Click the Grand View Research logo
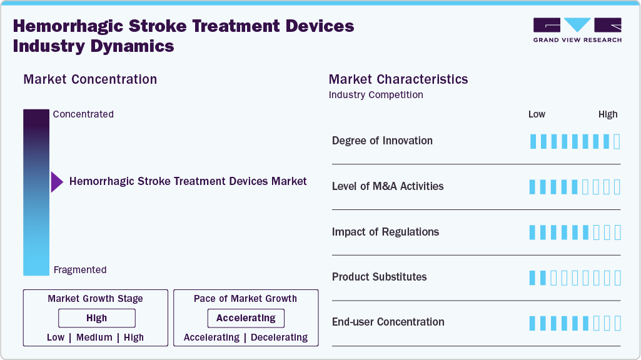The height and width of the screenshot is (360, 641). (577, 30)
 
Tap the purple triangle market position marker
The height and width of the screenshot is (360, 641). (57, 182)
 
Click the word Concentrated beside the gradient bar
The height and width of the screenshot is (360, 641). (83, 114)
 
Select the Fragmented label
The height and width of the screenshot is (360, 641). (80, 270)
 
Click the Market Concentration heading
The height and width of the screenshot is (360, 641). (90, 79)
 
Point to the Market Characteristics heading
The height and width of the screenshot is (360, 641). (398, 79)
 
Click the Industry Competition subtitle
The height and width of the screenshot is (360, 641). (376, 95)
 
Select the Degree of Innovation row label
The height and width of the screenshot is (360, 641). (382, 141)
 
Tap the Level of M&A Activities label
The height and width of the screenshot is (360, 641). (388, 186)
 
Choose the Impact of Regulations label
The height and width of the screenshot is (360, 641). (385, 232)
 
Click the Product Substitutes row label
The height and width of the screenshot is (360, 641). (379, 277)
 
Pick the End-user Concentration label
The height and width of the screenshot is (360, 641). (388, 322)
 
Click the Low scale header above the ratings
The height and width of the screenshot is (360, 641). (537, 114)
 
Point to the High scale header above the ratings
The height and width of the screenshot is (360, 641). (608, 114)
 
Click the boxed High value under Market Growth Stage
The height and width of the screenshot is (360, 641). (97, 318)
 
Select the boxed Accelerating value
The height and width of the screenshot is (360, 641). (246, 318)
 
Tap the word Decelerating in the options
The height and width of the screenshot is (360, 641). (279, 337)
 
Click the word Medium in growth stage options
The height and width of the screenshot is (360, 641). (94, 337)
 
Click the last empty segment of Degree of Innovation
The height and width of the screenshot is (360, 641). (617, 141)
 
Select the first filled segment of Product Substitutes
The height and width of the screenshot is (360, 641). (533, 277)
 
